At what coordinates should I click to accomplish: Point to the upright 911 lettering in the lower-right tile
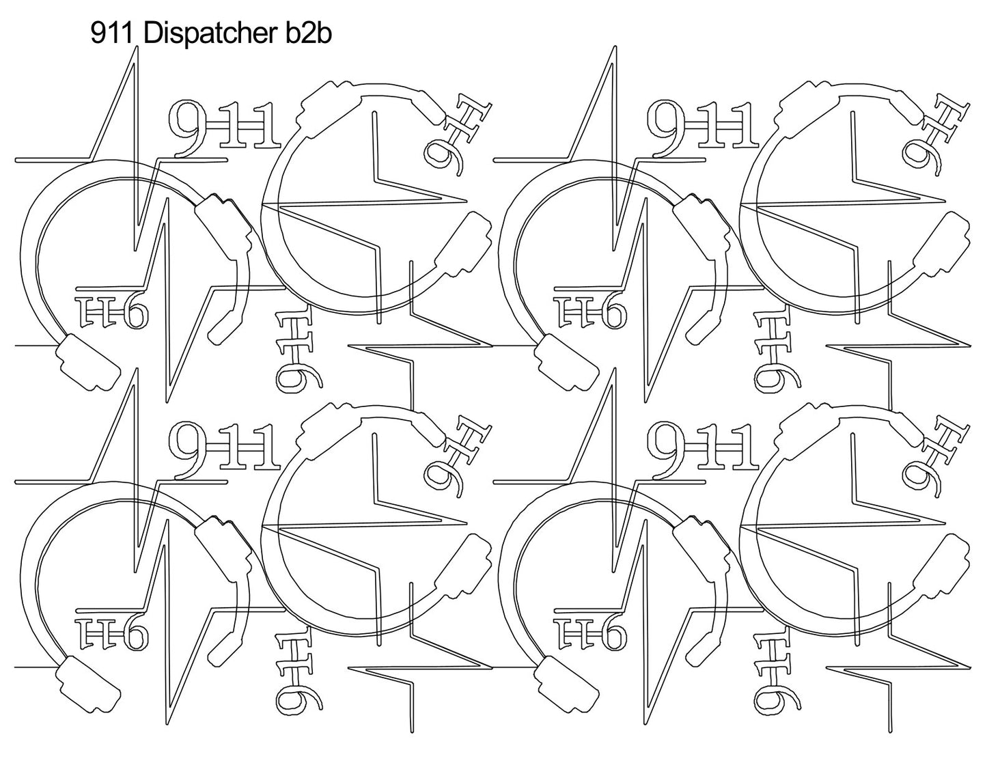[x=703, y=448]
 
